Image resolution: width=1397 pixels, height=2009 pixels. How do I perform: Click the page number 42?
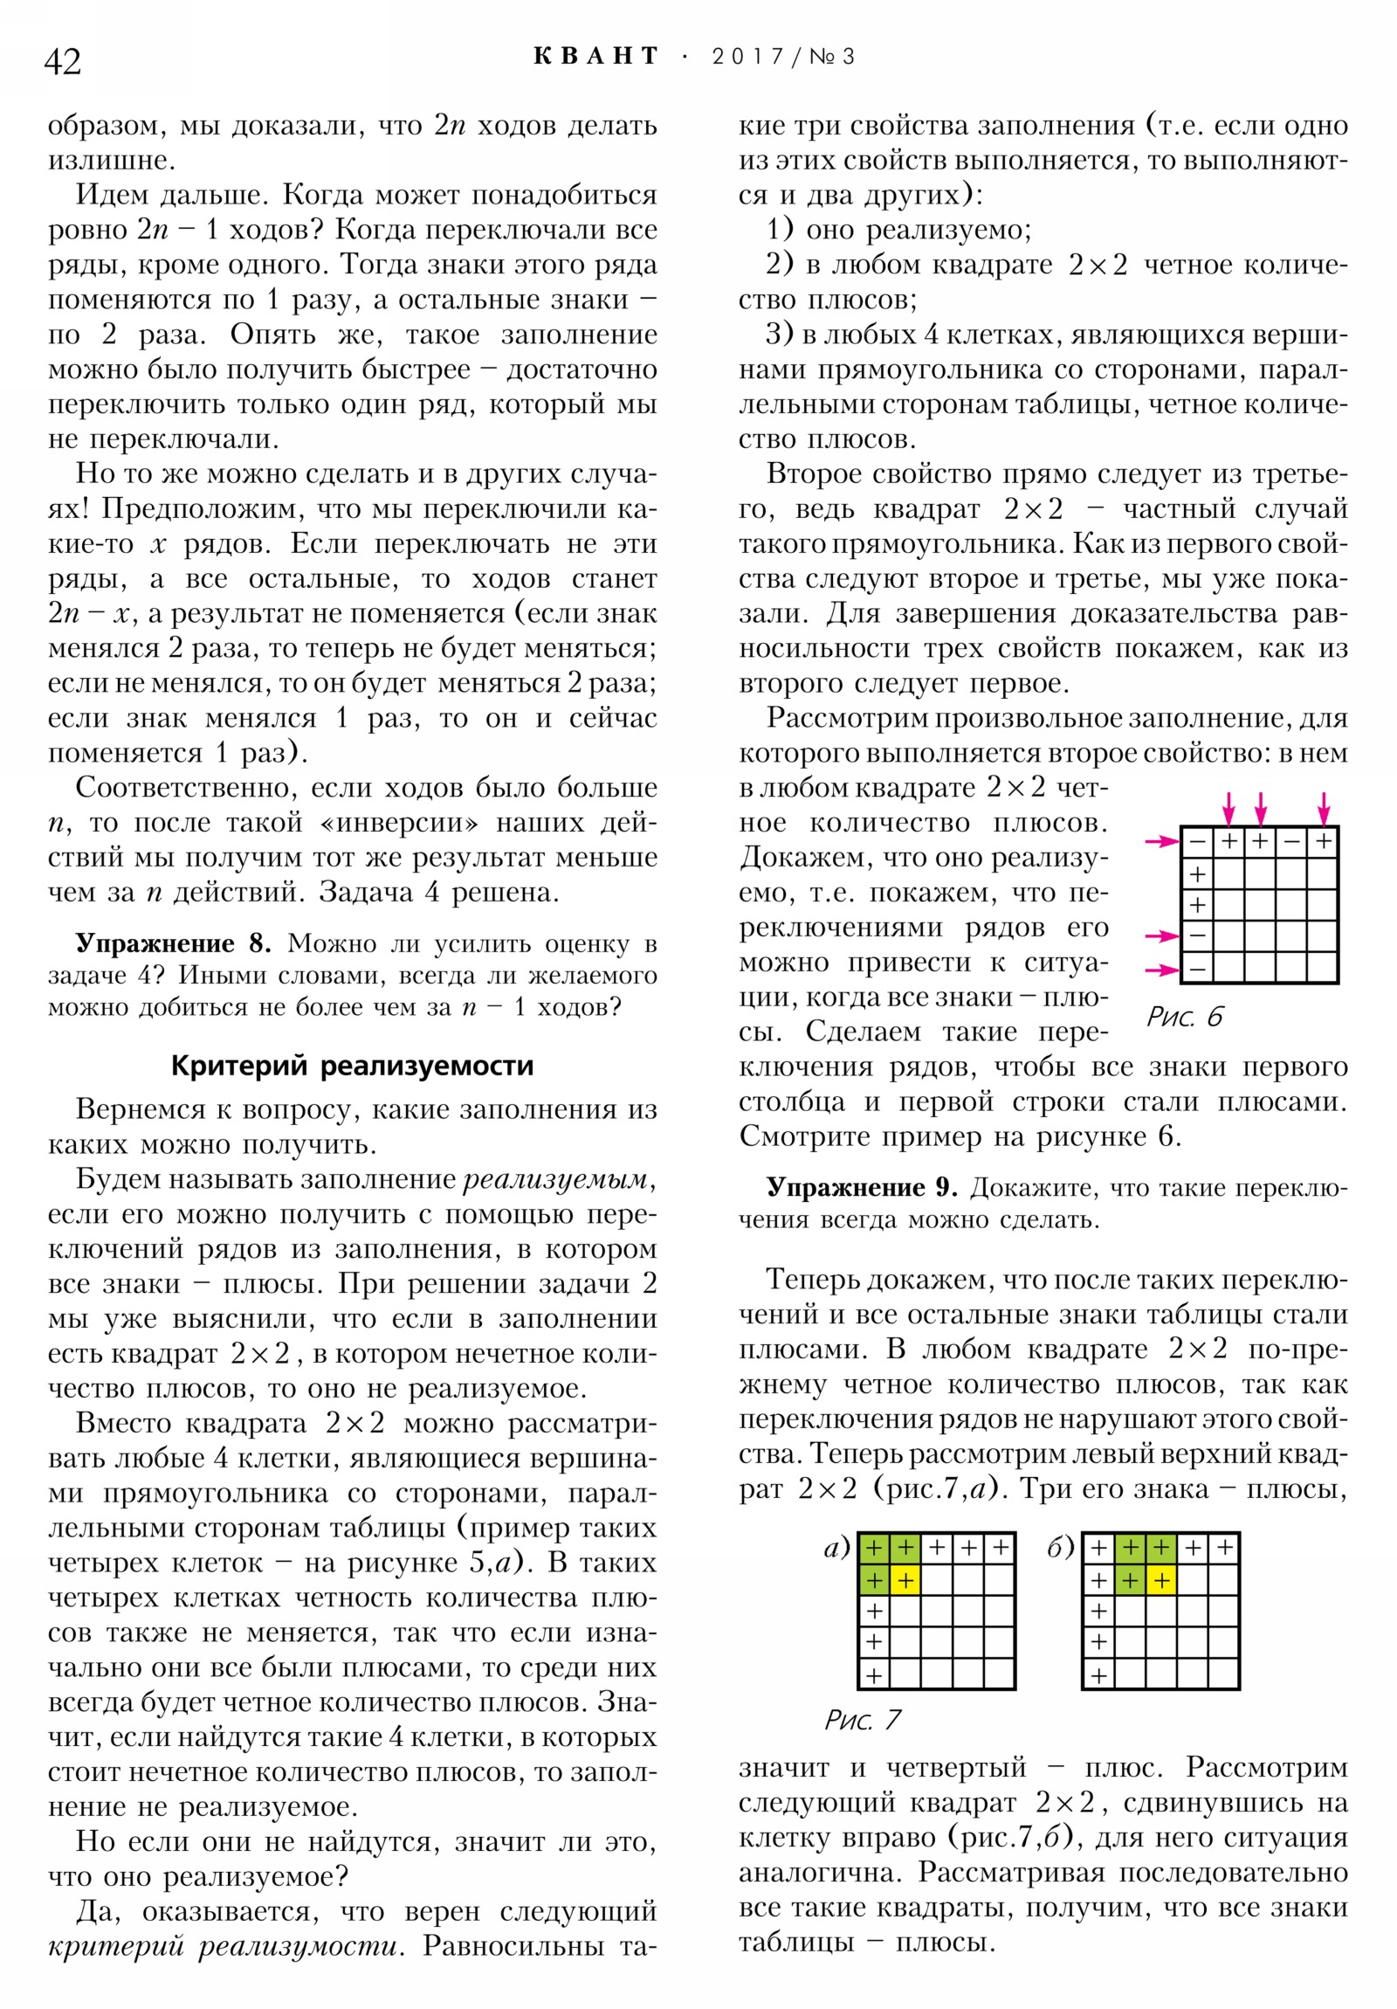click(x=62, y=61)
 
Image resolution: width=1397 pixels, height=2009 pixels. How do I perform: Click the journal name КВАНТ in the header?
click(x=595, y=57)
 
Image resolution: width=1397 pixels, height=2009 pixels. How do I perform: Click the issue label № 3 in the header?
click(x=831, y=57)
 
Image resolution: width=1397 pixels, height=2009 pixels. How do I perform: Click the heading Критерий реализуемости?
click(x=352, y=1065)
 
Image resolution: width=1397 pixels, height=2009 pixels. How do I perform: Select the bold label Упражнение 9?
click(x=861, y=1187)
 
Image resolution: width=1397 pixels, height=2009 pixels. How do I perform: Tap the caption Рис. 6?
click(x=1185, y=1017)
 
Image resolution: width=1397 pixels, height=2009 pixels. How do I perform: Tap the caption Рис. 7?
click(x=862, y=1720)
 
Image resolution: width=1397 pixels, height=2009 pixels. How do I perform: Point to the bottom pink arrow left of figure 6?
click(x=1162, y=970)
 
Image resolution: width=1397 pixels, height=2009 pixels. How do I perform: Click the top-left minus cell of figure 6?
click(x=1197, y=842)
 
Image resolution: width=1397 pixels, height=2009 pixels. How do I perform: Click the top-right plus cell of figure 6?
click(x=1324, y=842)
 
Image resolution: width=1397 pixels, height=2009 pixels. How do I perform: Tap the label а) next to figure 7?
click(x=837, y=1548)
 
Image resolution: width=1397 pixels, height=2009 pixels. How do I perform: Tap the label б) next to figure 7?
click(x=1059, y=1548)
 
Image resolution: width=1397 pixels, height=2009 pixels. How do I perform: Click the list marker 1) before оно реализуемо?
click(x=780, y=229)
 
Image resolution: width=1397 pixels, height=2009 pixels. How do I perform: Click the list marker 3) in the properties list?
click(x=780, y=335)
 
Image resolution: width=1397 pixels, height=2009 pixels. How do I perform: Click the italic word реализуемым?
click(x=556, y=1178)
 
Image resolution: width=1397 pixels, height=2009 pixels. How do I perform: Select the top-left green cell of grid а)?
click(x=874, y=1549)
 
